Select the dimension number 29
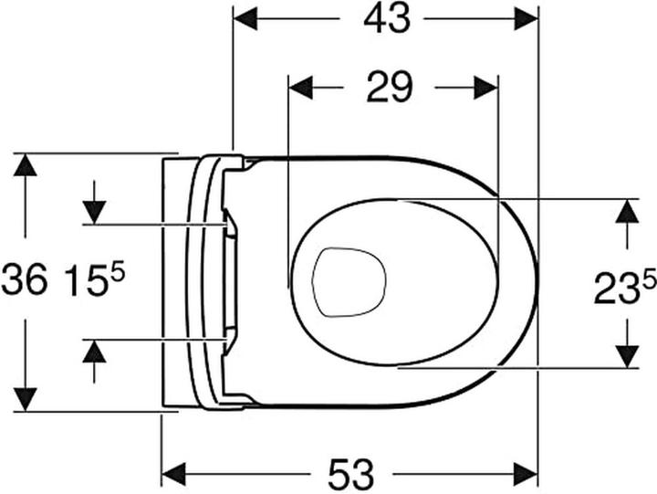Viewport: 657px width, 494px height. tap(390, 88)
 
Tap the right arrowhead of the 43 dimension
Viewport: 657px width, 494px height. tap(527, 18)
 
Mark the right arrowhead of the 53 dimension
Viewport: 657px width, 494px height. tap(527, 474)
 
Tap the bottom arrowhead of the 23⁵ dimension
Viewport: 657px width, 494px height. tap(626, 357)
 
